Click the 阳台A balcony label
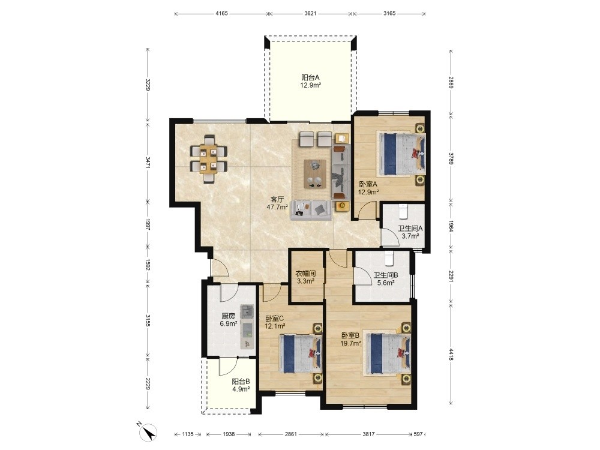310,77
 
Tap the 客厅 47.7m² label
277,203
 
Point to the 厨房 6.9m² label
229,320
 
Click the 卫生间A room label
410,229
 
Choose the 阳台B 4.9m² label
241,385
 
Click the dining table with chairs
209,159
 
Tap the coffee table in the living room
315,174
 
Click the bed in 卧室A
401,154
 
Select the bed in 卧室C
301,353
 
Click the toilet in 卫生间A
403,211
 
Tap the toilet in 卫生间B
389,259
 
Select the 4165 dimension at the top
221,13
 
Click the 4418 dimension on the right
452,354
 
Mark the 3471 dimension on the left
148,161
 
